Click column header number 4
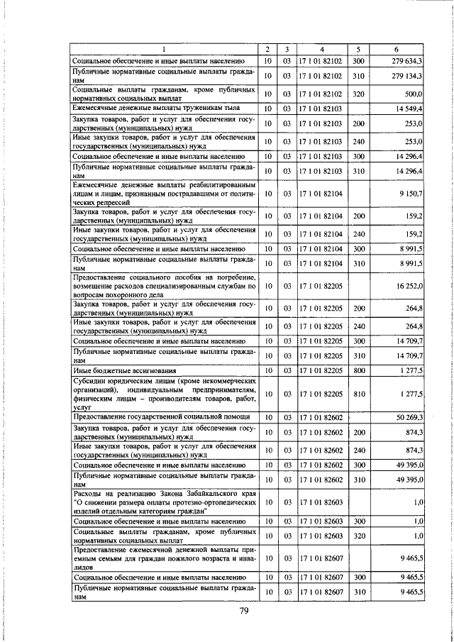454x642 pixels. (x=321, y=49)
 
